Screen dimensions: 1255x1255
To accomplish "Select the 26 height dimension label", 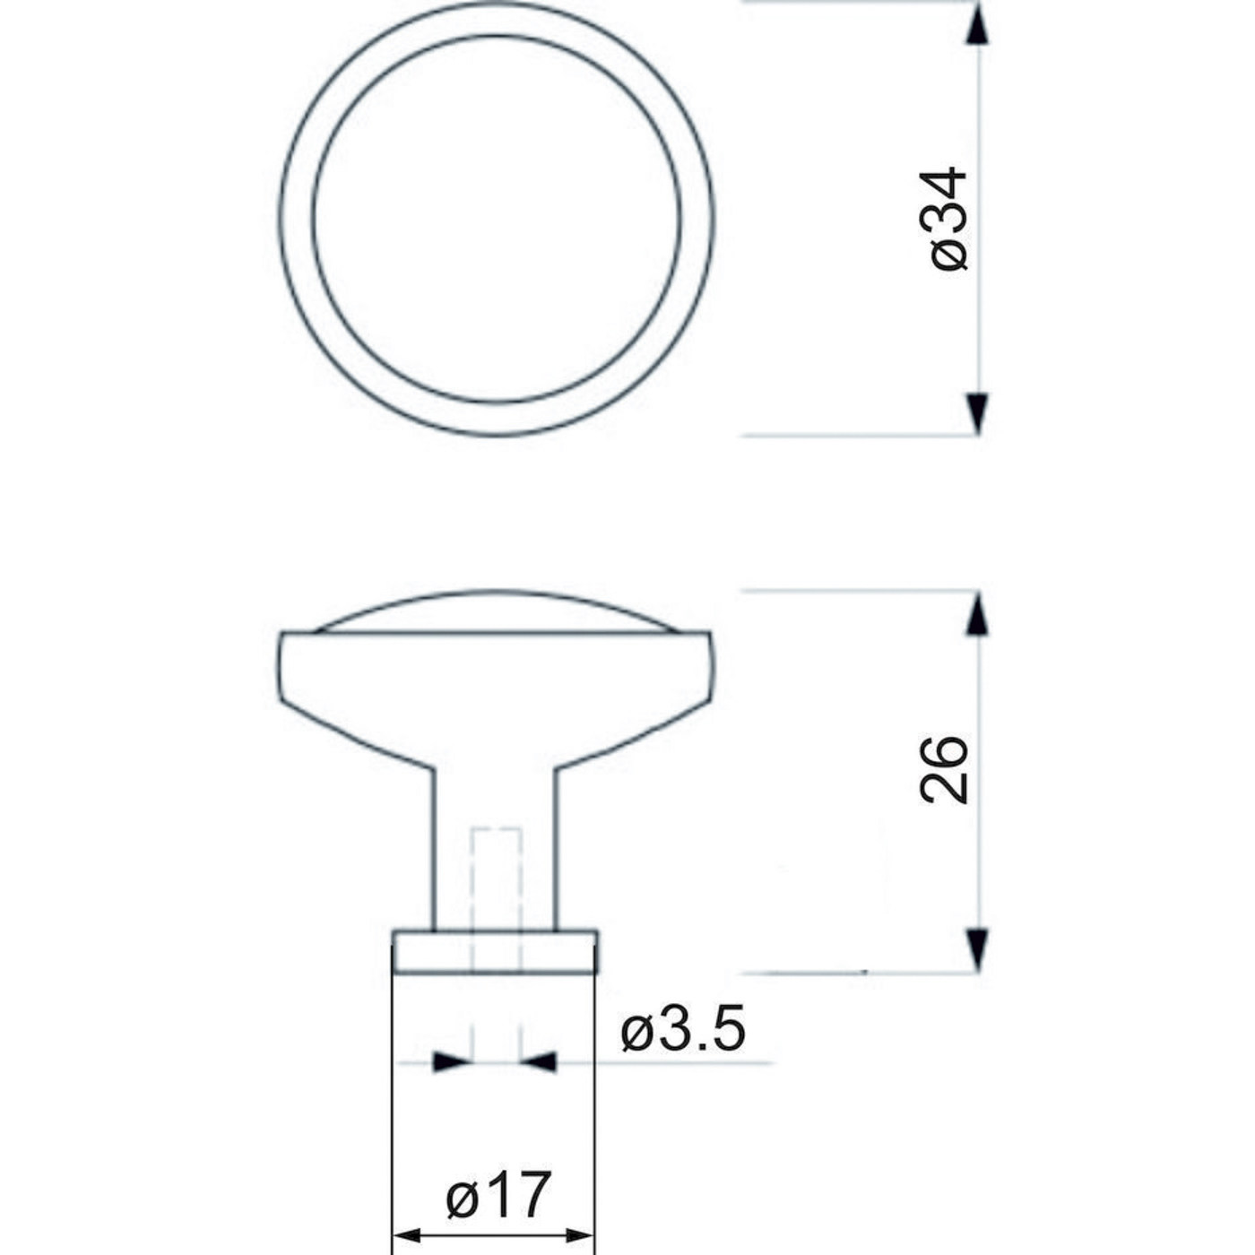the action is coord(944,770).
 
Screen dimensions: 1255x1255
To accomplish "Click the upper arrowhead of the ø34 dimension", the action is coord(977,24).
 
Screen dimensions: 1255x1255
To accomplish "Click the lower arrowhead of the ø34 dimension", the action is coord(977,414).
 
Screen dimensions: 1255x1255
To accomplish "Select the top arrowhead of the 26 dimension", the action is coord(977,613).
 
